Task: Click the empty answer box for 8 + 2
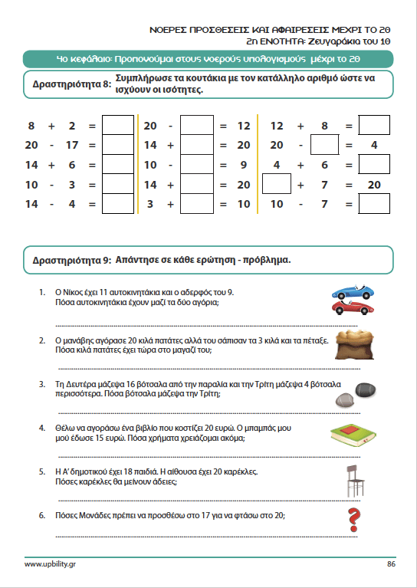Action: click(118, 125)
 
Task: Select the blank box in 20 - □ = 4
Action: click(325, 145)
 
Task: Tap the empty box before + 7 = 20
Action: click(277, 184)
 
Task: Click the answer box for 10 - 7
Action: click(374, 204)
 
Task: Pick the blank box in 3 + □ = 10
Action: click(197, 204)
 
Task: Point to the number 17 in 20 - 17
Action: click(72, 145)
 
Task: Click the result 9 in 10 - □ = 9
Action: click(244, 165)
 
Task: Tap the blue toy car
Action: click(353, 291)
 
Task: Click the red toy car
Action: click(353, 307)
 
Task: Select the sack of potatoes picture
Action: click(355, 345)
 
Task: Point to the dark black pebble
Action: click(366, 389)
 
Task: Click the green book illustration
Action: click(353, 435)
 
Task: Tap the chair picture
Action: click(355, 481)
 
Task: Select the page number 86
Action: click(391, 563)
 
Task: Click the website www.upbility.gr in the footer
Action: click(47, 564)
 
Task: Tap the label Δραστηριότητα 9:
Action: click(72, 260)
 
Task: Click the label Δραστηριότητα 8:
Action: click(72, 84)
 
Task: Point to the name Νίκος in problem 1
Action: click(71, 293)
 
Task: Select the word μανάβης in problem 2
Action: click(75, 341)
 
